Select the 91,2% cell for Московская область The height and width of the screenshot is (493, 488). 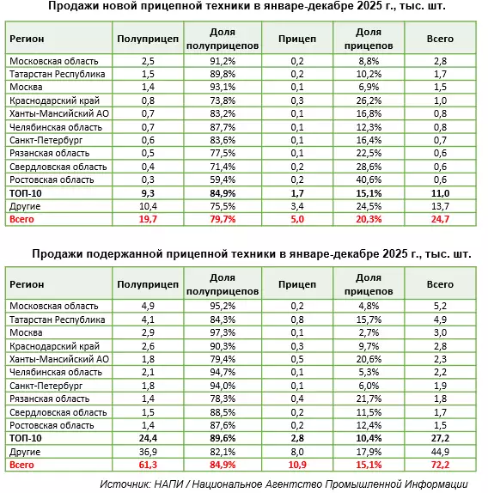coord(223,61)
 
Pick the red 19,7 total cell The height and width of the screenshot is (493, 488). coord(148,219)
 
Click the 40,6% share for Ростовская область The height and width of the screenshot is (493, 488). coord(369,180)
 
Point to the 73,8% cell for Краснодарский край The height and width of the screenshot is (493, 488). coord(223,100)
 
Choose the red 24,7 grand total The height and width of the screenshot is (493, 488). coord(440,219)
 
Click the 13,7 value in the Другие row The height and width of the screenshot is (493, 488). coord(440,206)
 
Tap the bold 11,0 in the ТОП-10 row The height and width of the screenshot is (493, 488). coord(440,193)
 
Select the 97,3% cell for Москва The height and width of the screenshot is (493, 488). coord(223,332)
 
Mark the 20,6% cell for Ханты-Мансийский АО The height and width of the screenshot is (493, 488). coord(369,359)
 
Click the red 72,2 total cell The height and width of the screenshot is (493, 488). coord(440,465)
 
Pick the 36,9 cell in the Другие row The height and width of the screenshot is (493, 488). coord(148,452)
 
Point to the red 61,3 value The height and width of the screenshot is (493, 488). coord(148,465)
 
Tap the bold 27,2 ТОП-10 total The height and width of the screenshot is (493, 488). coord(440,438)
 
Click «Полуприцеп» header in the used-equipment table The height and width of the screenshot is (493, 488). coord(148,284)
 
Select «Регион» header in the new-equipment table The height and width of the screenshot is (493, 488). coord(27,39)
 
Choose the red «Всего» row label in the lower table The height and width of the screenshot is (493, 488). coord(21,465)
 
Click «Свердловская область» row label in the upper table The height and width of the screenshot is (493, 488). coord(58,167)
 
